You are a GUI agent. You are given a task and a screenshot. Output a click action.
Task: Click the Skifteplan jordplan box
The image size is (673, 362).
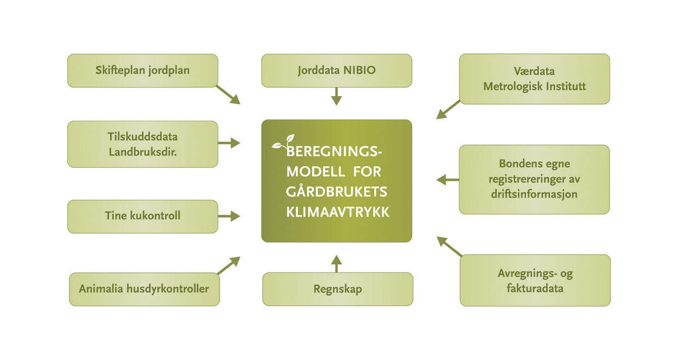(x=142, y=71)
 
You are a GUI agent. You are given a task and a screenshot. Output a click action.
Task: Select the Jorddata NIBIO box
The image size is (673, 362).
(x=336, y=71)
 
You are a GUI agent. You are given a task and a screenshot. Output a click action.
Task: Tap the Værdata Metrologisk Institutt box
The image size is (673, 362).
(x=534, y=79)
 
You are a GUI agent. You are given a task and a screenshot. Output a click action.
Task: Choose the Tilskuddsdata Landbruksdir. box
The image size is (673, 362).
(x=142, y=144)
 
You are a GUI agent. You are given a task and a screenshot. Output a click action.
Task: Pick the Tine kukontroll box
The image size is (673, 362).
(x=142, y=216)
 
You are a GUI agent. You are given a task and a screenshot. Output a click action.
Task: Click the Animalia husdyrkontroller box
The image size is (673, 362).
(x=144, y=289)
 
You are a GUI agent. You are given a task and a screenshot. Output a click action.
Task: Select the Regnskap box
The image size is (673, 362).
(x=337, y=289)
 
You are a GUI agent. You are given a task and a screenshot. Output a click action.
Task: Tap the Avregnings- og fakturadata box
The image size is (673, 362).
(x=535, y=280)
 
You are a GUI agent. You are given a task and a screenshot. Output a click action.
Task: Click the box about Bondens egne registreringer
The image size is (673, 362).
(x=534, y=179)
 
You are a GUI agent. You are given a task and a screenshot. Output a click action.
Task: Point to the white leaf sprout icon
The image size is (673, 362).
(x=283, y=143)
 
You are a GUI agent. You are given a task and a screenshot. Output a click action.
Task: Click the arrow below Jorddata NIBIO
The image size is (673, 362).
(x=336, y=97)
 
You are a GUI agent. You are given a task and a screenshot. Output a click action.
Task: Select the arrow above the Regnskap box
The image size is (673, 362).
(x=336, y=263)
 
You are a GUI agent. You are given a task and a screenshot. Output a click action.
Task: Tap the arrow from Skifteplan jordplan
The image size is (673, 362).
(x=228, y=94)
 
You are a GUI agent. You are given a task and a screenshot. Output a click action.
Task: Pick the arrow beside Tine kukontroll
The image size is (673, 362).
(x=229, y=216)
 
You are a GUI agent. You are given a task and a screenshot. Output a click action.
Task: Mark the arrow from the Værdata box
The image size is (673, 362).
(x=448, y=110)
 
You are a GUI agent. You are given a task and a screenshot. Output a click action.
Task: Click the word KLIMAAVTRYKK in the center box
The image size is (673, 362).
(x=337, y=213)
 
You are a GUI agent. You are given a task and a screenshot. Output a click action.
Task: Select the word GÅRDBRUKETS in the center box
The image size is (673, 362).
(x=337, y=193)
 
